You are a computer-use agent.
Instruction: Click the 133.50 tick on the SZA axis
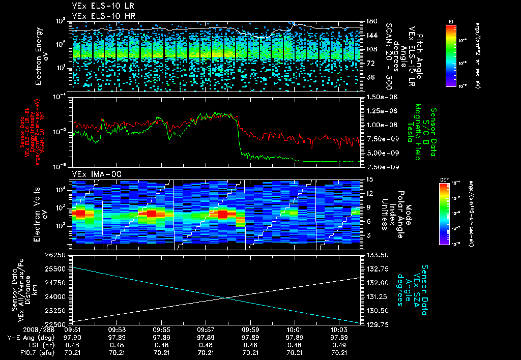(x=377, y=255)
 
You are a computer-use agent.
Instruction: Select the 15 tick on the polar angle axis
(x=368, y=179)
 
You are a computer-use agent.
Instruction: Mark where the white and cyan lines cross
(x=224, y=298)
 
